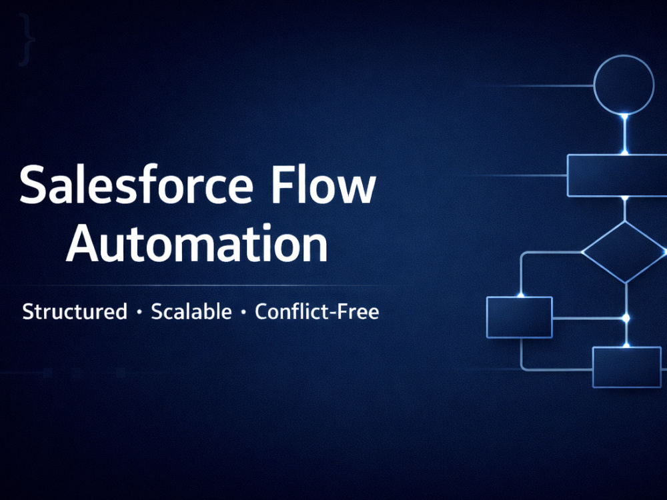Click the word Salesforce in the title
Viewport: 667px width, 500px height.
(136, 185)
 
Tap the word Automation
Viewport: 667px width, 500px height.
(197, 243)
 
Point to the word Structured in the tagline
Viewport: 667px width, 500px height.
(75, 311)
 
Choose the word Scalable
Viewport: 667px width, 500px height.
(191, 311)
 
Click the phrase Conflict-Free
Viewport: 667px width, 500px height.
(317, 311)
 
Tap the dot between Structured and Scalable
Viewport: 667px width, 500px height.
(139, 313)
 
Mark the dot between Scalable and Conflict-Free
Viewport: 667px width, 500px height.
(243, 313)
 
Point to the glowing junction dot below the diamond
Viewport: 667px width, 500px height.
(626, 318)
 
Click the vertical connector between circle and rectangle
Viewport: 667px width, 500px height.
(624, 135)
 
